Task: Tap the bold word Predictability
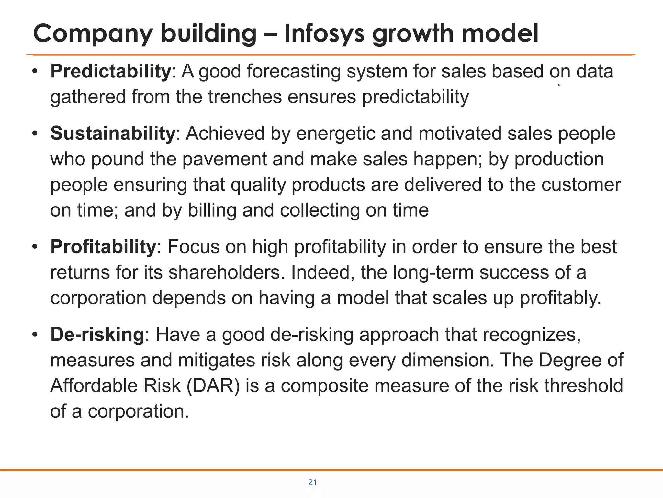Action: [x=110, y=71]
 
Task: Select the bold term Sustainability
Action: [x=113, y=134]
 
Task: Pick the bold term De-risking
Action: [x=97, y=334]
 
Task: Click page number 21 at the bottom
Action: [x=312, y=482]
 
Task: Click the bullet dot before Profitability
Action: [x=35, y=247]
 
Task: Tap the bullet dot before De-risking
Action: [x=35, y=335]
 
